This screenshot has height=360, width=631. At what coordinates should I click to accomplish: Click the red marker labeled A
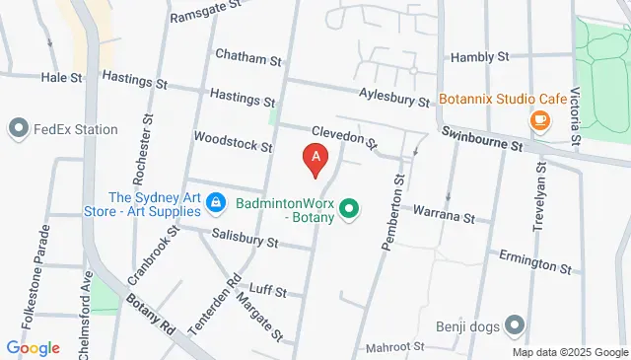[315, 158]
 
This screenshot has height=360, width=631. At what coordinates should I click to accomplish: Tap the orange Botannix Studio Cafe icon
[539, 120]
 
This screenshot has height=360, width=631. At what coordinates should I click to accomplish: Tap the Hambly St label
[478, 58]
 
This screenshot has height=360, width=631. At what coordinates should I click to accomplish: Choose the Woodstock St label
[233, 142]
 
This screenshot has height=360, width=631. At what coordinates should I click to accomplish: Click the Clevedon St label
[344, 137]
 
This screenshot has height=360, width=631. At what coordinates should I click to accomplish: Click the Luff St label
[268, 292]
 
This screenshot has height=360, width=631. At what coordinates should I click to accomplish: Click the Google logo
[33, 348]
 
